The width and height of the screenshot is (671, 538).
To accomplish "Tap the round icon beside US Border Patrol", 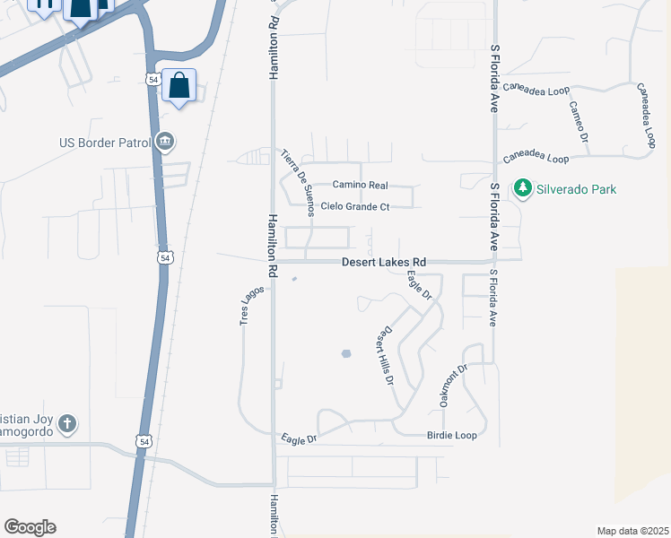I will tap(165, 142).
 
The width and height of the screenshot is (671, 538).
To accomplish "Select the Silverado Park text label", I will tap(576, 189).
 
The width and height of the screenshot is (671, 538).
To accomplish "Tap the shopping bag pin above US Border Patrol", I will tap(179, 87).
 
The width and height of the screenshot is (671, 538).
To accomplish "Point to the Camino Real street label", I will tap(360, 185).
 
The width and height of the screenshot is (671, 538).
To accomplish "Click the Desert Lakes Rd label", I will tap(383, 263).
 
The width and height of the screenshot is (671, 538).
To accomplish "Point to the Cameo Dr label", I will tap(578, 122).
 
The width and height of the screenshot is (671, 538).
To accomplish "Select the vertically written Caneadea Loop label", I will tap(647, 116).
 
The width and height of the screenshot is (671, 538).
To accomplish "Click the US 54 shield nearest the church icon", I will tap(144, 441).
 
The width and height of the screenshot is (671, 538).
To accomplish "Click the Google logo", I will tap(30, 527).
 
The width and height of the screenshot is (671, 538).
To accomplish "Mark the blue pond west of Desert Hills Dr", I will tap(346, 353).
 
